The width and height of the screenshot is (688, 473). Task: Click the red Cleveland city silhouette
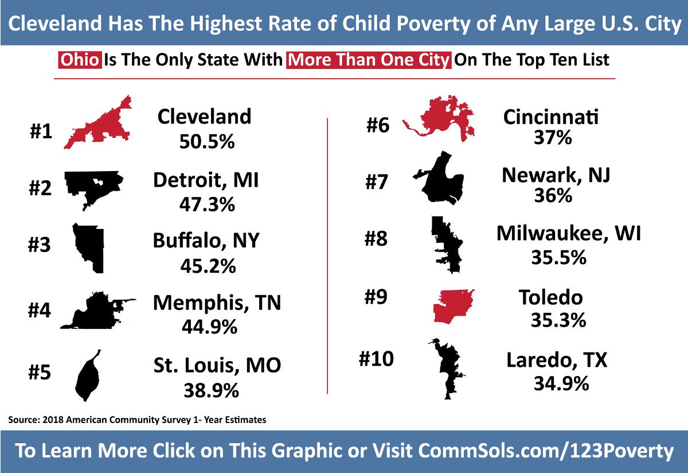pos(100,129)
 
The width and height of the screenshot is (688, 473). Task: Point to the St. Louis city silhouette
pos(88,376)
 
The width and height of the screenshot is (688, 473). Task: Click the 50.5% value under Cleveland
pos(204,141)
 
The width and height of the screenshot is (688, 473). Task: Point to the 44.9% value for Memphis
pos(209,326)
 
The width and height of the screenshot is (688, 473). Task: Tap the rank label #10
pos(376,359)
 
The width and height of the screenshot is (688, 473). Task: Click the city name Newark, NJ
pos(556,175)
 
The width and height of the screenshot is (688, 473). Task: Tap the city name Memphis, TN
pos(217,303)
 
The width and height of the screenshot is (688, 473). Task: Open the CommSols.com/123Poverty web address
pos(546,451)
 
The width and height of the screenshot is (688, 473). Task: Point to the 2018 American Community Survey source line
pos(138,420)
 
